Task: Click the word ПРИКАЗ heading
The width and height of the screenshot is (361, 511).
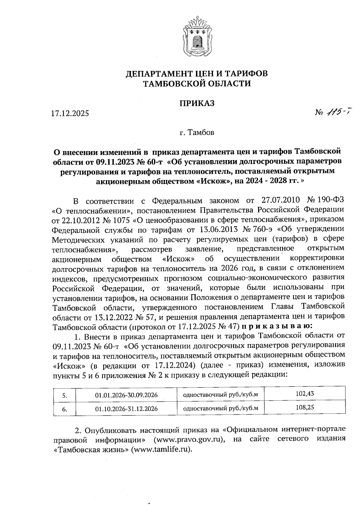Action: point(197,103)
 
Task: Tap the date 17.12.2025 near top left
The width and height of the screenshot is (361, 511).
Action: point(70,114)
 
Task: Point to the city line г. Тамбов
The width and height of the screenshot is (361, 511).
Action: point(197,132)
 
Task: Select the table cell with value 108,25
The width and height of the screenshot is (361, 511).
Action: point(305,408)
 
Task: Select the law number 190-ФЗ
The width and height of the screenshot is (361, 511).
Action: point(329,200)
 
